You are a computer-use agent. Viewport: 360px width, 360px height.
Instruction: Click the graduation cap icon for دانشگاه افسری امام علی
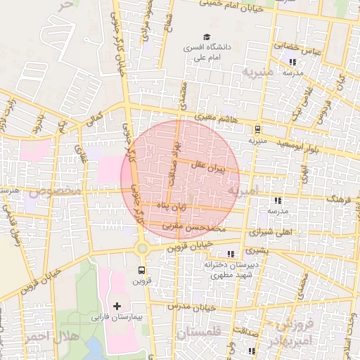(207, 37)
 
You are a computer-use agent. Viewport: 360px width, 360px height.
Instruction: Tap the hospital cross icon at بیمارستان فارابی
(117, 306)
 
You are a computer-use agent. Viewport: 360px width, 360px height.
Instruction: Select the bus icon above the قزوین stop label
(142, 270)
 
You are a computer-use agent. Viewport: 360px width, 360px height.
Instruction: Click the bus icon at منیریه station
(257, 129)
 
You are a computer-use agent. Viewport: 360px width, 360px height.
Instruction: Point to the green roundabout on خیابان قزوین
(143, 247)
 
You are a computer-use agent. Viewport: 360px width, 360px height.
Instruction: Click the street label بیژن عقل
(210, 168)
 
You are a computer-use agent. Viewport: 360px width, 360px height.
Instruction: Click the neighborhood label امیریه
(244, 191)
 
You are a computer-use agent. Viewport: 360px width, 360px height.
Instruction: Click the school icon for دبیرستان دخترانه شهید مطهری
(231, 254)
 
